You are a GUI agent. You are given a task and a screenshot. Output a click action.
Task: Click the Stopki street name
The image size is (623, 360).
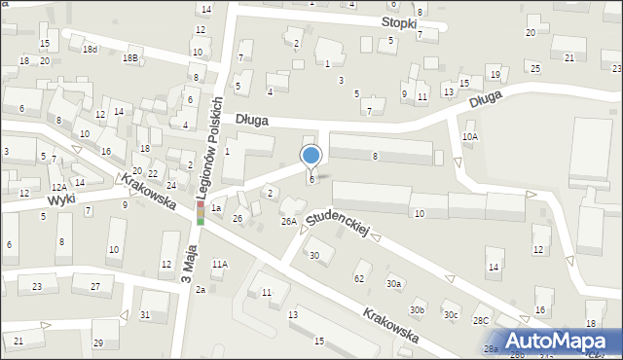pos(400,21)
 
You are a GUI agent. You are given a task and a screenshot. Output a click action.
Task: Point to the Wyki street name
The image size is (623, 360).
pos(61,199)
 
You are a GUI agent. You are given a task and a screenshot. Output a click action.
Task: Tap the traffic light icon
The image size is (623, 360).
pos(201,213)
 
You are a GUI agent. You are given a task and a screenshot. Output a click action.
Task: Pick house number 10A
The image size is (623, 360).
pos(470,137)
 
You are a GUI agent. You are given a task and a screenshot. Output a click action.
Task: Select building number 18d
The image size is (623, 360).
pos(90,49)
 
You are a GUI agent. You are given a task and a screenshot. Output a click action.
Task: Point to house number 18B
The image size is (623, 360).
pos(129,58)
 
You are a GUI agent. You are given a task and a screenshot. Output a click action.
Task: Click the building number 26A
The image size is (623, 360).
pos(289,222)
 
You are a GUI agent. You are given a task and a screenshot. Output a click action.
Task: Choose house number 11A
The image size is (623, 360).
pos(220,264)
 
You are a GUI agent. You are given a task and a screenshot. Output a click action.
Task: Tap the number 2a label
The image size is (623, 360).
pos(200,290)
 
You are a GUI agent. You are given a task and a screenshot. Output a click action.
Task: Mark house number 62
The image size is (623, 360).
pos(359,278)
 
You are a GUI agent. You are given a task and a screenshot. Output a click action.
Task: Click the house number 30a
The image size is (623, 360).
pos(393,283)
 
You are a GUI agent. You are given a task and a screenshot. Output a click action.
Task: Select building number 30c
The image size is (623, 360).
pos(451,314)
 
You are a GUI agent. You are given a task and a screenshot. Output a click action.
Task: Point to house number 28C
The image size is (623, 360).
pos(481,319)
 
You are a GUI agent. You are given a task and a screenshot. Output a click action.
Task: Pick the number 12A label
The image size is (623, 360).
pos(59,186)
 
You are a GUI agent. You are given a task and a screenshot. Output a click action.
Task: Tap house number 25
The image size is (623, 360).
pos(535,67)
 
